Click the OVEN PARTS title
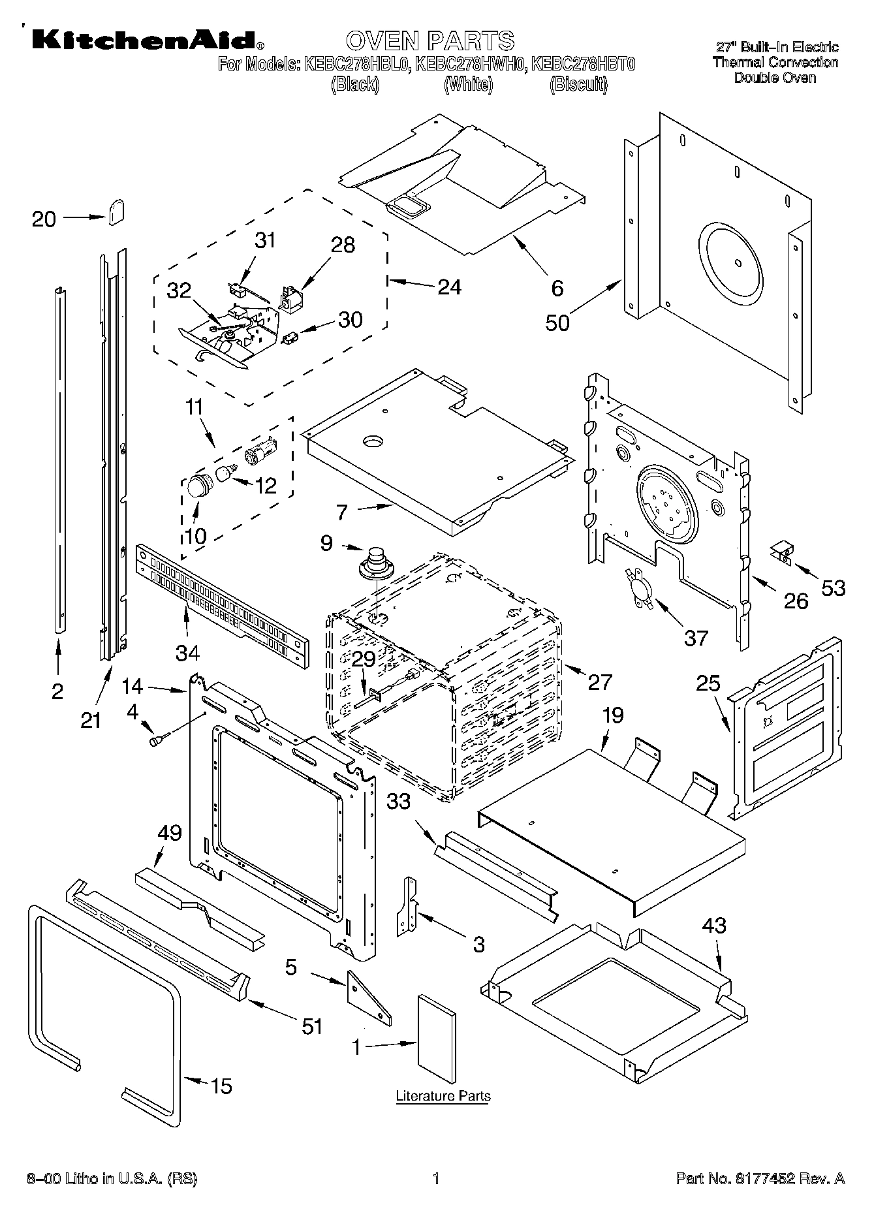click(429, 41)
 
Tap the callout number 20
click(44, 219)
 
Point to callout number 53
click(833, 588)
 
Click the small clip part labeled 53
click(782, 552)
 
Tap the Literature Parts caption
click(443, 1095)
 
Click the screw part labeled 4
click(159, 740)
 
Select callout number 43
click(713, 925)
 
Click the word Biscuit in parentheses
click(578, 84)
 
